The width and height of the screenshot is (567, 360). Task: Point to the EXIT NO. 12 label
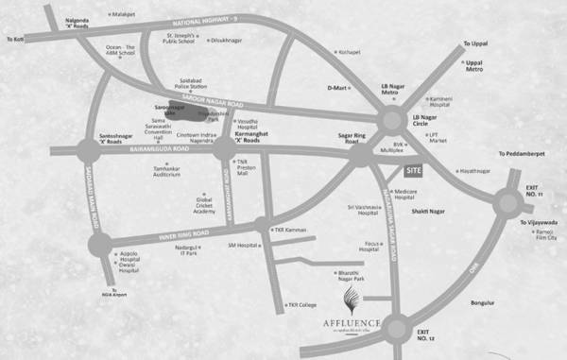(428, 335)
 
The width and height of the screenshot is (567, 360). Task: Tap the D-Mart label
(337, 88)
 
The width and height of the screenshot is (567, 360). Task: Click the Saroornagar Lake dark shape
(187, 111)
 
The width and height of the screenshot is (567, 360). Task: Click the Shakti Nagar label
(440, 213)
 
